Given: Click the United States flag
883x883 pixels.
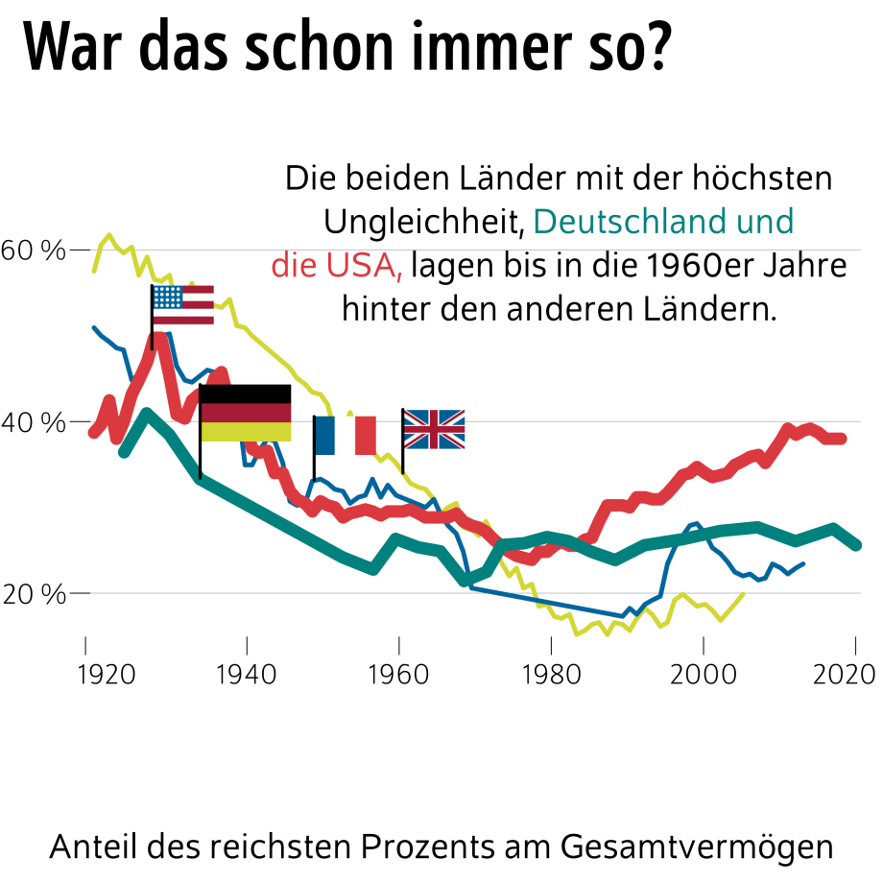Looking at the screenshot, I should point(182,305).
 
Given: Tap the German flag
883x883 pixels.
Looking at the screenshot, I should point(245,413).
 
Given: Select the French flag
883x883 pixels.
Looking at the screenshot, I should point(346,435).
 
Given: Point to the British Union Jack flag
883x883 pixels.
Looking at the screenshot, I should point(434,429).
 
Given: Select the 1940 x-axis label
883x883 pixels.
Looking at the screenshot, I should point(247,671).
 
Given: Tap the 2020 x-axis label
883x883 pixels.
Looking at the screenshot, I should point(854,671).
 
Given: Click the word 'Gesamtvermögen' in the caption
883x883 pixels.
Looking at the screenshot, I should point(697,847).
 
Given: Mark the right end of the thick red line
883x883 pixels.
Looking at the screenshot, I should point(843,439).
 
